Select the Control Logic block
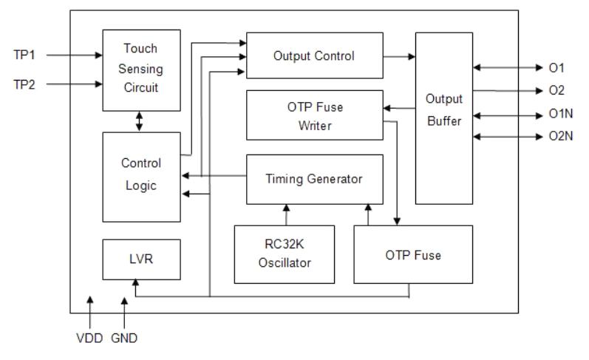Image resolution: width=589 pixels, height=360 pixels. point(140,175)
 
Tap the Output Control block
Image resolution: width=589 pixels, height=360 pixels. point(314,56)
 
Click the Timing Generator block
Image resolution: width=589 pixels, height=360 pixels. point(314,179)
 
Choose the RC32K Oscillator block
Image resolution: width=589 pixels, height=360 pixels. point(283,254)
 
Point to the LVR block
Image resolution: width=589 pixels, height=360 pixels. point(140,259)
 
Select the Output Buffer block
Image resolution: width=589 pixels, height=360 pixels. point(444,118)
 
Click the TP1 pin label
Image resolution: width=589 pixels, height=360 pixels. point(24,55)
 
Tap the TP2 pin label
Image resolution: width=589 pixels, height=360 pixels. point(24,84)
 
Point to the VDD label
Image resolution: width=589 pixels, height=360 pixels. point(89,339)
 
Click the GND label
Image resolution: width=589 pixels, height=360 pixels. point(123,339)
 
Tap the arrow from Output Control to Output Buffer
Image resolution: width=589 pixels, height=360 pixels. point(399,55)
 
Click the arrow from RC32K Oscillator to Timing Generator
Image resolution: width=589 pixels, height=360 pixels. point(283,214)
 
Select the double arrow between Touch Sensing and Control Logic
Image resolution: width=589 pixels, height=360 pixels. point(140,122)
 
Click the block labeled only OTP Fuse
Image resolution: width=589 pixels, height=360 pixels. point(412,255)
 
